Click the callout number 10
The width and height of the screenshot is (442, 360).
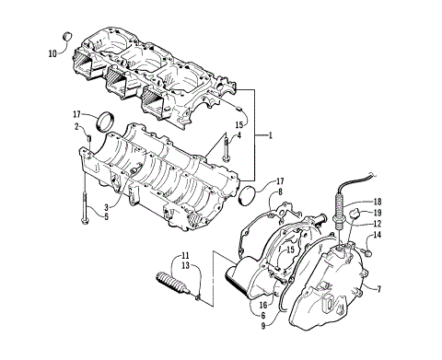coord(52,52)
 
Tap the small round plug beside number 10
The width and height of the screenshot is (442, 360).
coord(66,36)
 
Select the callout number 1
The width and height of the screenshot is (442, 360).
coord(271,135)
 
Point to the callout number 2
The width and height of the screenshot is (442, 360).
coord(77,127)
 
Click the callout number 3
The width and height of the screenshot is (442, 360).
coord(107,207)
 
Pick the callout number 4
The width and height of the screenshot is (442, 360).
coord(238,136)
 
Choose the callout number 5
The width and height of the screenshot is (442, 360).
coord(107,217)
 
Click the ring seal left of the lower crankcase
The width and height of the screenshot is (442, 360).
coord(107,121)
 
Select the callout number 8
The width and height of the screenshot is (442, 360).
coord(281,192)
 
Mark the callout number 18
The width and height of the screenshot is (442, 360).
coord(377,201)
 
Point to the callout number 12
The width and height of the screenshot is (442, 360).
coord(377,224)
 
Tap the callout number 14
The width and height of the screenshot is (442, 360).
coord(377,237)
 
